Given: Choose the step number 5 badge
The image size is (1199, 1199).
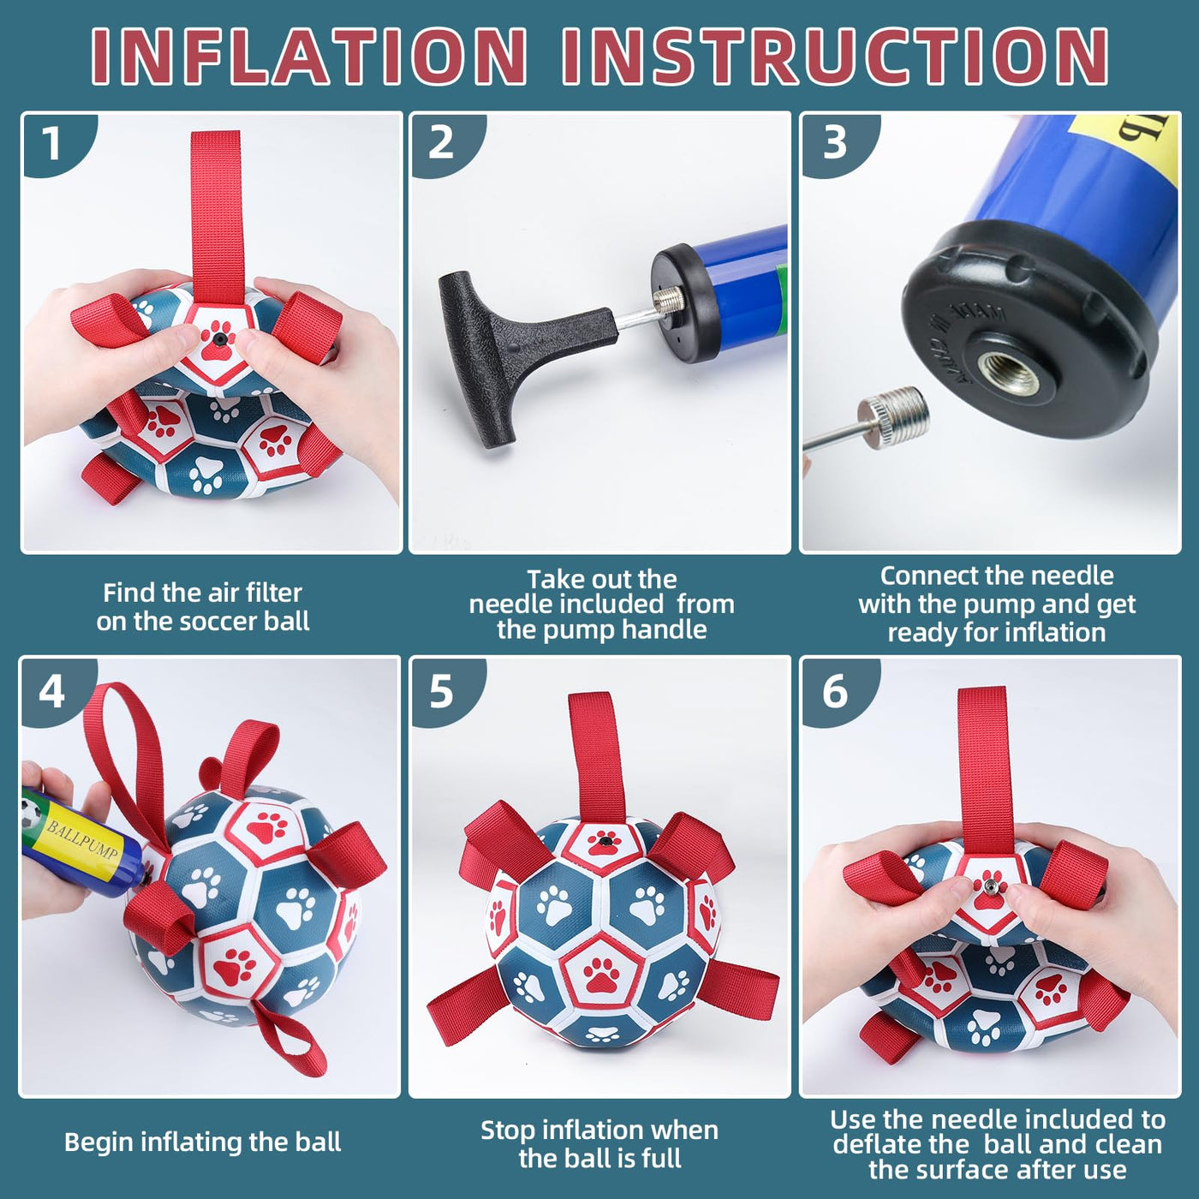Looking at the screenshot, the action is (x=442, y=690).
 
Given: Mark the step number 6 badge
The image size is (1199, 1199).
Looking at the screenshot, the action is (x=835, y=690).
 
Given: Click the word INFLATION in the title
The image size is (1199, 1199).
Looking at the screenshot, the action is (x=309, y=57).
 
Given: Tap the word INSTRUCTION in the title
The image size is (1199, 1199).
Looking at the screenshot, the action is (x=836, y=57).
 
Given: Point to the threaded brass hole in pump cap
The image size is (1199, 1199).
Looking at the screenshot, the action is (x=1000, y=372).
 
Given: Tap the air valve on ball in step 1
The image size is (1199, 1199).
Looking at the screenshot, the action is (x=219, y=337).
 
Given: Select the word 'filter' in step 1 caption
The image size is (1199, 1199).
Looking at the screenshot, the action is (x=273, y=593).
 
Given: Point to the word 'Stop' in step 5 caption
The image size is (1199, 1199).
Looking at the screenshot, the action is (x=507, y=1130).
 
